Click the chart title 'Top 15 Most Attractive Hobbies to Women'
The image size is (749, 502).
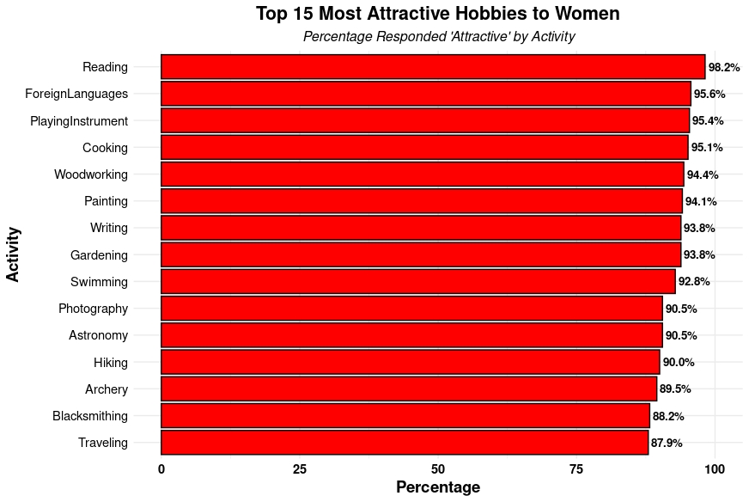437,14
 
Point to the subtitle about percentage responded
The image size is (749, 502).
439,37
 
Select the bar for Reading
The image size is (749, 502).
433,67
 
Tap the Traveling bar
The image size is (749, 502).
405,443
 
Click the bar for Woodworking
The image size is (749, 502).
423,174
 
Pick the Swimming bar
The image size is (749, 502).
418,282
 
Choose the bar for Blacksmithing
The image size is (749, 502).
405,416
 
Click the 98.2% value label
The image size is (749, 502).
724,67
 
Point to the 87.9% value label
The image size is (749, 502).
667,443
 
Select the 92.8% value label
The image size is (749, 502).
694,282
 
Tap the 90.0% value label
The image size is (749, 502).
679,362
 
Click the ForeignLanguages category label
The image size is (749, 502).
76,94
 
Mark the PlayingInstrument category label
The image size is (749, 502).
79,121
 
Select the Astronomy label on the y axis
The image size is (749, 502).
98,335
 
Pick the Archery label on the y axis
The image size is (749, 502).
107,389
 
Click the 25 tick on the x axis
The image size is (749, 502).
300,469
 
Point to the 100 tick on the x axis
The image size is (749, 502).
715,469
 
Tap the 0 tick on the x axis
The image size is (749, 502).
161,469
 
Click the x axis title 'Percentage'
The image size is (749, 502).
438,487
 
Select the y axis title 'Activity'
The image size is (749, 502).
13,254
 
